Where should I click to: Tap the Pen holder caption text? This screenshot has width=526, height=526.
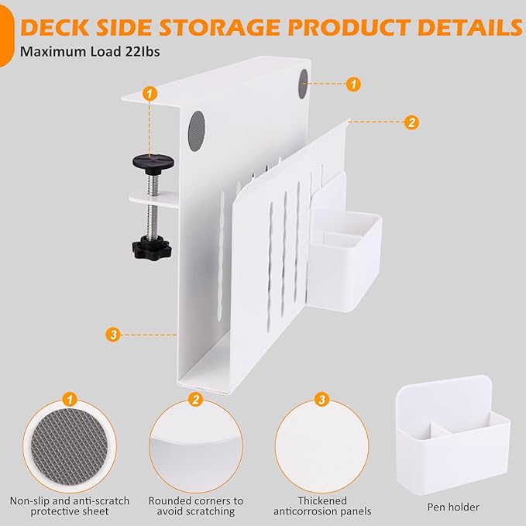(453, 507)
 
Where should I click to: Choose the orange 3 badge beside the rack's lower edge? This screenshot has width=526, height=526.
(114, 335)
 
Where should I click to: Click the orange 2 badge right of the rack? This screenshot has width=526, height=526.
(411, 122)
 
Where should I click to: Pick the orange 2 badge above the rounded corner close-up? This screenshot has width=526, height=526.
(195, 400)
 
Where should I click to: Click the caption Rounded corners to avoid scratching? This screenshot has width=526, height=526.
(195, 506)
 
